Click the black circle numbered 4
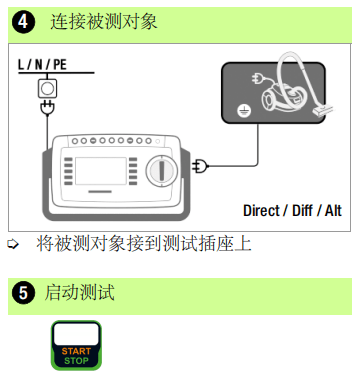23,22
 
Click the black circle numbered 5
23,293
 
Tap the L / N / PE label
42,64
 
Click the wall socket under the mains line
47,88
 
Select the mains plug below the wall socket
47,108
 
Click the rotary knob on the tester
162,170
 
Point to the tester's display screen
101,171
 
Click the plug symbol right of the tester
200,166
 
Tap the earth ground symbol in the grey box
244,111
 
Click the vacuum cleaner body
282,97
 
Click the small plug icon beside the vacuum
258,79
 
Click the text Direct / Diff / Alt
292,211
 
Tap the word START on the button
76,351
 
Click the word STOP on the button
76,360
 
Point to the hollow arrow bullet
13,244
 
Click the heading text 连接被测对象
103,22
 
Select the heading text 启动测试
80,292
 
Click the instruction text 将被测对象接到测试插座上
144,244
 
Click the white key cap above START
76,334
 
